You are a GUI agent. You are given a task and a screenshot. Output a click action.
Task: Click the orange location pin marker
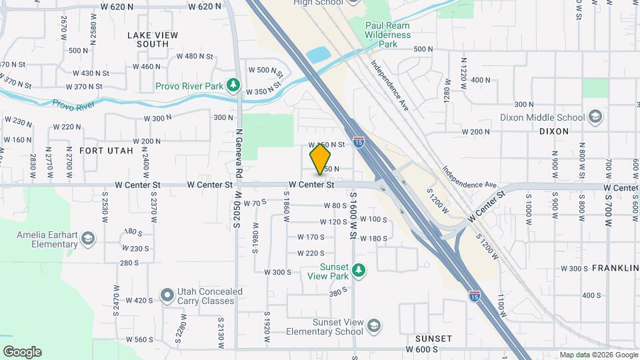point(321,159)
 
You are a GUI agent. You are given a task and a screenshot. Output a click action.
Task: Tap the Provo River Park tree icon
point(233,85)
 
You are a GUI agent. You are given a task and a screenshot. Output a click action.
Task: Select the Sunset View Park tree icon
point(359,269)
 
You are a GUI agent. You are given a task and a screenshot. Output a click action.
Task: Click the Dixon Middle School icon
point(595,118)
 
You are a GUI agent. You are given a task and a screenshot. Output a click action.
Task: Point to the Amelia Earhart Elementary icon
point(89,239)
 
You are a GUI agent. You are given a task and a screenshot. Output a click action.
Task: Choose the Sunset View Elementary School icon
point(374,325)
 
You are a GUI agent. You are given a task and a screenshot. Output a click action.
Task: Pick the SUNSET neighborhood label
point(433,339)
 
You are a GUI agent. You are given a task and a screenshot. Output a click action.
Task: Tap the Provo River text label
point(74,104)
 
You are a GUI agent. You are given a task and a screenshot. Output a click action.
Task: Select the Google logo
point(22,351)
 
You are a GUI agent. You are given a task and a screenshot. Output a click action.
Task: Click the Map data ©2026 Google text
point(598,355)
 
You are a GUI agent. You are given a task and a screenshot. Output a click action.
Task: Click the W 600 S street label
point(421,349)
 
